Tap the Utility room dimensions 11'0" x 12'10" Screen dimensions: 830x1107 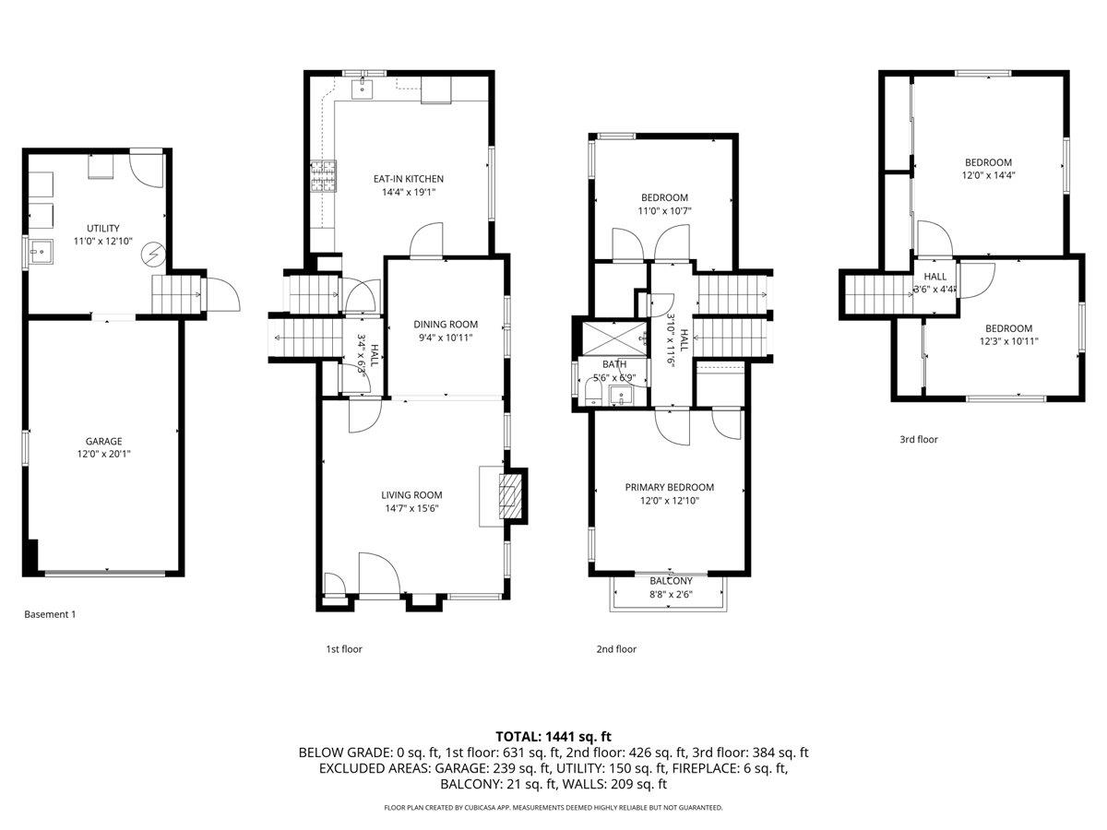(x=103, y=242)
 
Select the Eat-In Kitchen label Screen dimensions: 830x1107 (x=408, y=179)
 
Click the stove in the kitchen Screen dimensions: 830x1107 (x=324, y=177)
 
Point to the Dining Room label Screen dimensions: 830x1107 (x=445, y=324)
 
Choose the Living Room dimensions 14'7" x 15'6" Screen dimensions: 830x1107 (x=411, y=507)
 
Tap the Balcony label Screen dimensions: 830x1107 (x=671, y=581)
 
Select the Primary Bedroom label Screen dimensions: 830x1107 (x=669, y=487)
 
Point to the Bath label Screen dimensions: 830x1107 (x=614, y=364)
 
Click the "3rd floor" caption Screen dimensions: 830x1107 (x=918, y=440)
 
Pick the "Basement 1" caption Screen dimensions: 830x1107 (x=50, y=614)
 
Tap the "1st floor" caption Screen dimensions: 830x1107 (x=344, y=649)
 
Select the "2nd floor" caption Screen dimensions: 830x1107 (x=616, y=649)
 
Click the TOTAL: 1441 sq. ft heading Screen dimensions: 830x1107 (x=553, y=736)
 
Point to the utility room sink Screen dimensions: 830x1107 (x=40, y=250)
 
